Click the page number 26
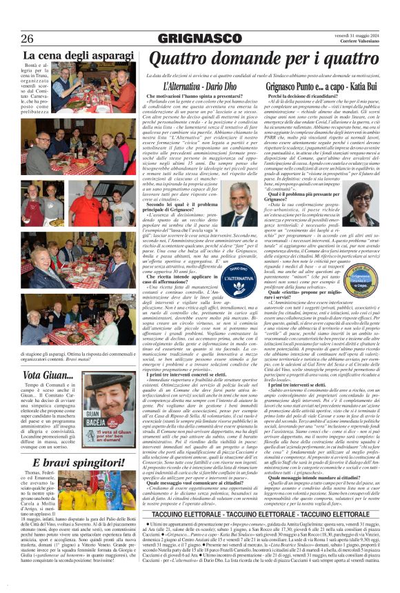click(28, 38)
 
